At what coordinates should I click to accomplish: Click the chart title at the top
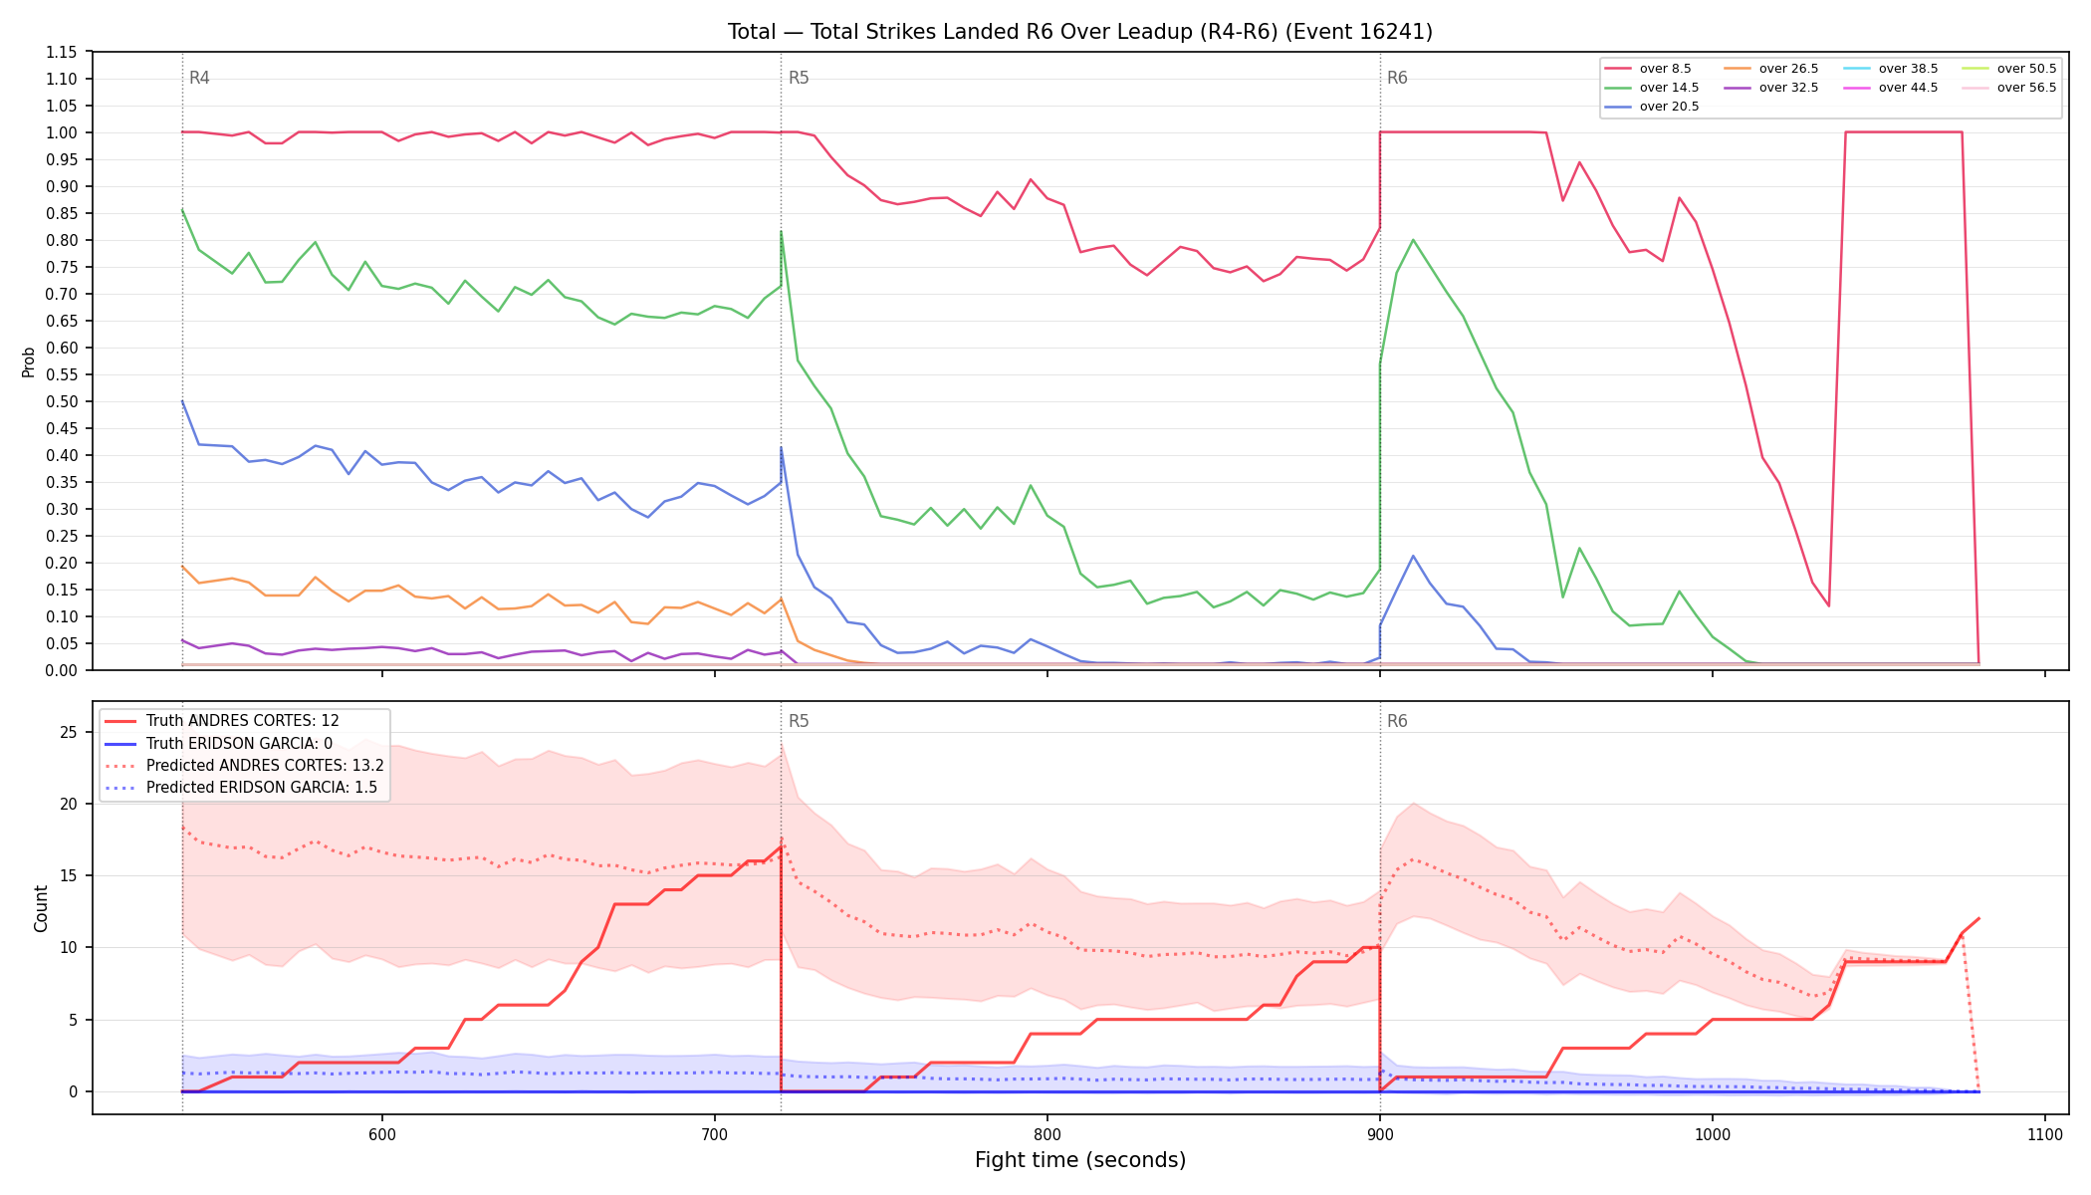(1080, 32)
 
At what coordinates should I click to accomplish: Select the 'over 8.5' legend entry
(1648, 69)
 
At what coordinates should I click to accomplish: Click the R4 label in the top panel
(199, 78)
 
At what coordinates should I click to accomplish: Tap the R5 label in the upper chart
(799, 78)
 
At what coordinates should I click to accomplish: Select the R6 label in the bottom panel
(1397, 721)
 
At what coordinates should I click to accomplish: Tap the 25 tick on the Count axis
(69, 733)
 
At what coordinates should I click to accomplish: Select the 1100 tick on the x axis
(2044, 1134)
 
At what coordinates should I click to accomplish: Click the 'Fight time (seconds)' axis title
(1080, 1160)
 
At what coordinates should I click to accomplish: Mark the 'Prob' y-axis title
(29, 361)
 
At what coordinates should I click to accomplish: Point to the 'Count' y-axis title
(41, 908)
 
